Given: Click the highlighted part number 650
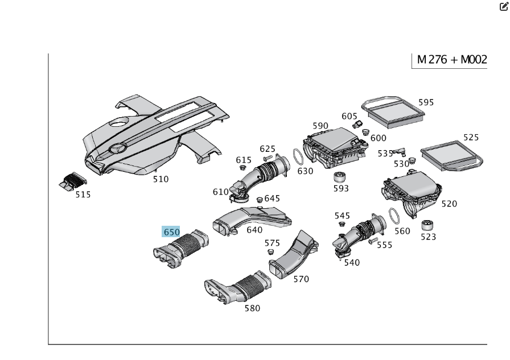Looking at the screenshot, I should [x=171, y=231].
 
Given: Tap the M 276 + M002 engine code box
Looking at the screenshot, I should [x=451, y=60].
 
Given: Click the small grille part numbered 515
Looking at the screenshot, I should [x=72, y=181].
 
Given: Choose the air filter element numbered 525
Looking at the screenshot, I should [x=451, y=154].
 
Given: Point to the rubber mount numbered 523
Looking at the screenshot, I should [x=428, y=224].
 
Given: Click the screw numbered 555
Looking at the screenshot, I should [x=372, y=242].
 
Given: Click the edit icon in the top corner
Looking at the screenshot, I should [x=503, y=7].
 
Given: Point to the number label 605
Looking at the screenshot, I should [x=349, y=116].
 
